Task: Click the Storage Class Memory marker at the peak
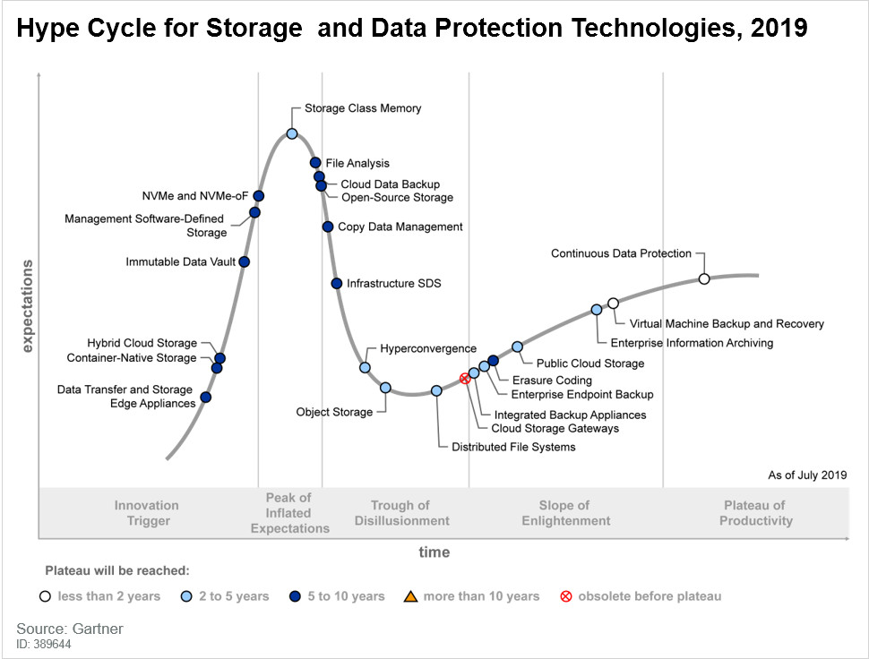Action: [x=292, y=134]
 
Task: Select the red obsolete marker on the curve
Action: [x=465, y=379]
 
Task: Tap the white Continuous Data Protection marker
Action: [x=704, y=279]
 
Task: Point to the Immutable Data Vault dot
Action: [x=245, y=261]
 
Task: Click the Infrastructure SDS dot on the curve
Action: [x=337, y=283]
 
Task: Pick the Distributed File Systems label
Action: [x=513, y=447]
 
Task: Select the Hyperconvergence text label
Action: [x=428, y=348]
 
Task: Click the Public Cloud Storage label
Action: [x=589, y=364]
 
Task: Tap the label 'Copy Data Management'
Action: [x=400, y=227]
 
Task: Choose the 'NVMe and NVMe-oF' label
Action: [x=194, y=196]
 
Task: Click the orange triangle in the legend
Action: [x=410, y=596]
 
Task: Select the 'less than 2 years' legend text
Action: [x=109, y=596]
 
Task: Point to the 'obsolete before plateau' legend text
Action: [x=649, y=596]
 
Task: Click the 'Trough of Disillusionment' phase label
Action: [x=401, y=513]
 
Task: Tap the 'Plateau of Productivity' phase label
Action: [x=755, y=513]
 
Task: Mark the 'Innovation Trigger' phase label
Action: [x=147, y=513]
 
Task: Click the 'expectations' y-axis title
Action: [x=27, y=306]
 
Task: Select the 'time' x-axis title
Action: [x=434, y=552]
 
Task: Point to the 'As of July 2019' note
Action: [x=806, y=475]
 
